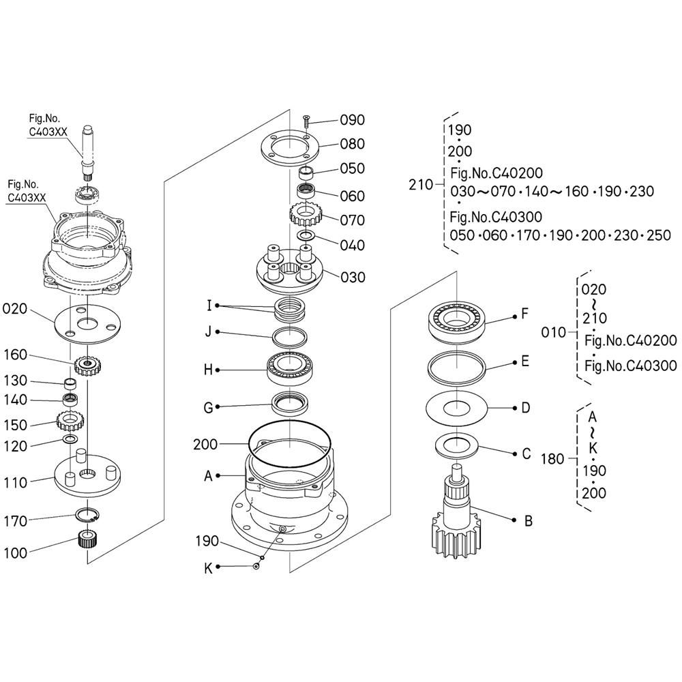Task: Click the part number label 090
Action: pos(353,120)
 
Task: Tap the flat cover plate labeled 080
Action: pos(289,146)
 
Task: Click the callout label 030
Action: pos(353,278)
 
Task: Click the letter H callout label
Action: pos(209,370)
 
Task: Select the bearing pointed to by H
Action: pos(290,369)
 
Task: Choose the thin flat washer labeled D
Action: pos(456,409)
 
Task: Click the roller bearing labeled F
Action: pos(457,318)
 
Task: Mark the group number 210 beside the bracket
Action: pos(421,184)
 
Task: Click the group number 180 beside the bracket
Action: pos(552,459)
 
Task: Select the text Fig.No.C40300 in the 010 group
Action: pos(631,366)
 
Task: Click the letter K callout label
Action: pos(209,567)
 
